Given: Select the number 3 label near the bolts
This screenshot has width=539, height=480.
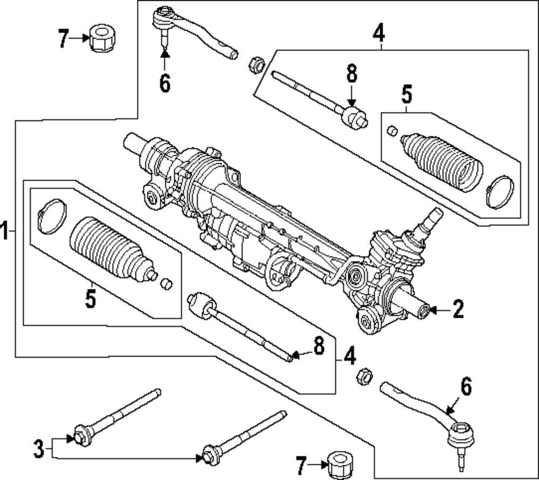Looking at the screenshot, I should [x=38, y=449].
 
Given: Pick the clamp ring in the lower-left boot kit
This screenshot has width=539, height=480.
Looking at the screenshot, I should [x=52, y=216].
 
